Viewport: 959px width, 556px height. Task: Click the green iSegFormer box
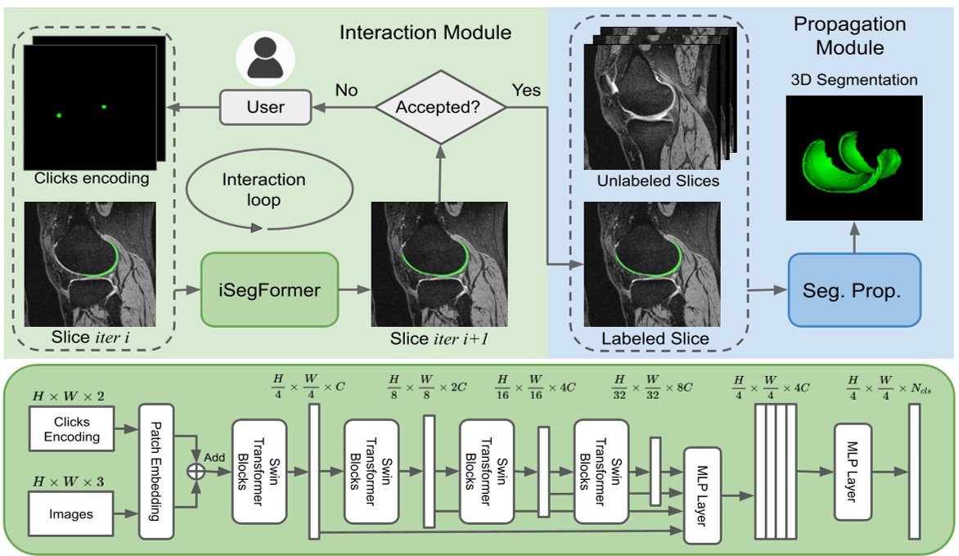click(268, 289)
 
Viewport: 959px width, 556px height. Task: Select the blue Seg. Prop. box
click(853, 289)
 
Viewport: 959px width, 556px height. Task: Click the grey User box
click(265, 107)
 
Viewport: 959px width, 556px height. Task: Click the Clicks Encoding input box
click(72, 429)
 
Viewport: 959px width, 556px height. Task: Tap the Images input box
click(72, 513)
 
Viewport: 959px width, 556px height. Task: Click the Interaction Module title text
click(425, 33)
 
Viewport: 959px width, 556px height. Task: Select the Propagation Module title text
click(849, 35)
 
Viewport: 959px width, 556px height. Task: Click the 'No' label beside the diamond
click(347, 90)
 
